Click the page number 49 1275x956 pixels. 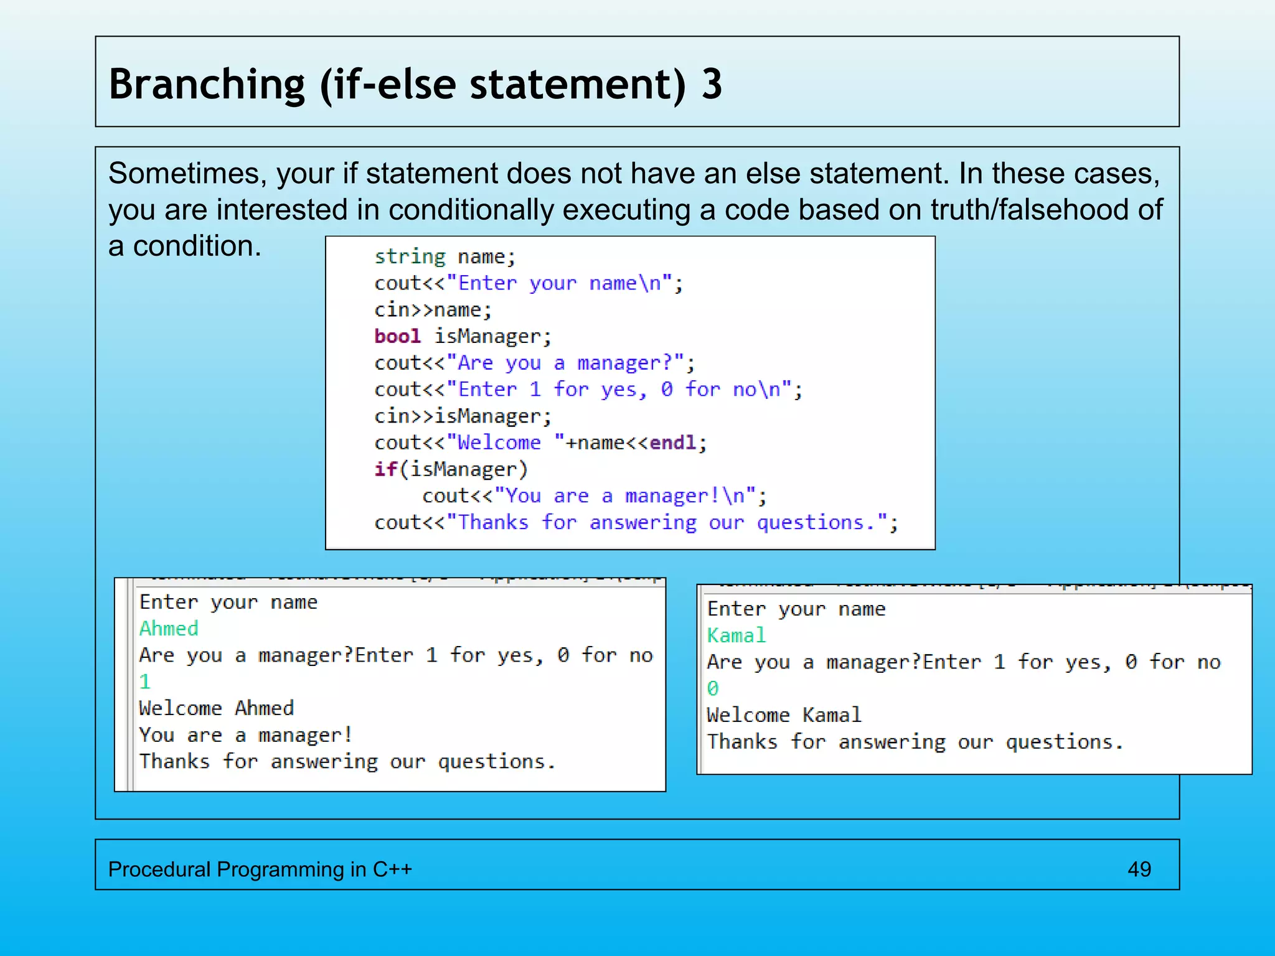pos(1139,869)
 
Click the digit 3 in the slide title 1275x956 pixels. pos(712,84)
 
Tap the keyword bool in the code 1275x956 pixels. pos(397,336)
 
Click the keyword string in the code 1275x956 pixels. pos(410,256)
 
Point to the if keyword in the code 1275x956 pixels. pos(385,469)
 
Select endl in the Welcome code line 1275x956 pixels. pos(672,443)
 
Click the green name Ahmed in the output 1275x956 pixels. pos(169,629)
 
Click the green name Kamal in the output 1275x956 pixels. pos(736,635)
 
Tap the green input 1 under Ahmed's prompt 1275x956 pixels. pos(145,682)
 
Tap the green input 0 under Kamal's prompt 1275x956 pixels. pos(713,688)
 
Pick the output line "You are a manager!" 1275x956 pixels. pos(246,735)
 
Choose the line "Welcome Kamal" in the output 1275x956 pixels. pos(784,715)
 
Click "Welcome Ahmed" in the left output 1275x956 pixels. pos(216,708)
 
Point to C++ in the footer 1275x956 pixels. pos(392,869)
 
